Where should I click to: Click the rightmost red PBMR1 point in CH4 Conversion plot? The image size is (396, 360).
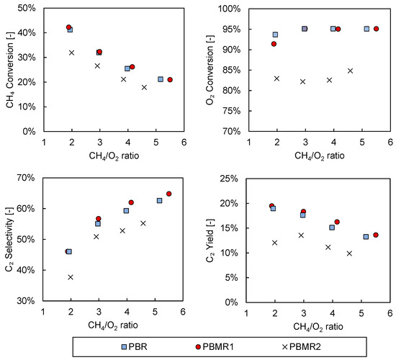click(x=170, y=80)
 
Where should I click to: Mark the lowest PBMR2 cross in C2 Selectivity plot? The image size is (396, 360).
click(x=71, y=277)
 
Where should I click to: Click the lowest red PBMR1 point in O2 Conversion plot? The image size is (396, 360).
click(x=274, y=44)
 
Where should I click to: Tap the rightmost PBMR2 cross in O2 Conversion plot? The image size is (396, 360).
click(x=350, y=71)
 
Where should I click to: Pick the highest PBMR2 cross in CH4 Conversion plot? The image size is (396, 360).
click(x=71, y=53)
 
